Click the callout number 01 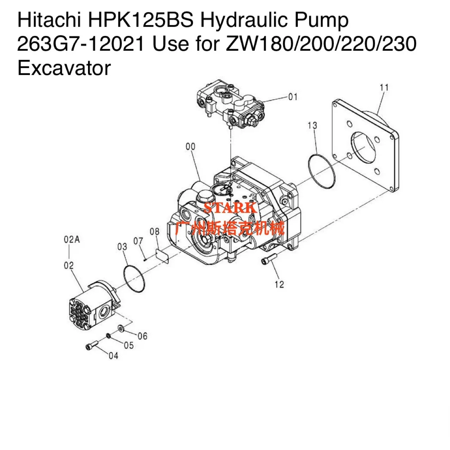tap(293, 97)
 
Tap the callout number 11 tap(384, 87)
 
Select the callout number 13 tap(312, 125)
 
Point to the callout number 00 tap(190, 146)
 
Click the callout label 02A tap(72, 240)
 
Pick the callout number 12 tap(279, 285)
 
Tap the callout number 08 tap(155, 232)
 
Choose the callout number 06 tap(143, 336)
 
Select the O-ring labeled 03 tap(134, 279)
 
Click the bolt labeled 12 tap(268, 260)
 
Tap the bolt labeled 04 tap(91, 346)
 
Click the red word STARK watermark tap(230, 208)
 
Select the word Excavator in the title tap(64, 68)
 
